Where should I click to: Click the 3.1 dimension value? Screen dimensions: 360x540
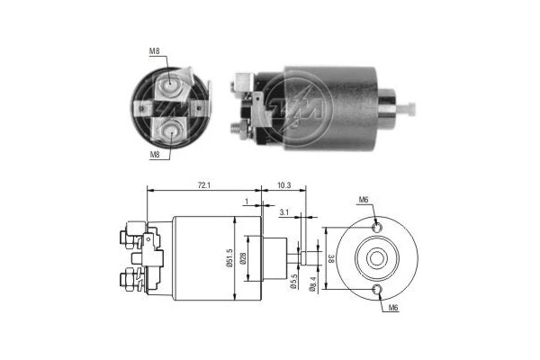pyautogui.click(x=284, y=212)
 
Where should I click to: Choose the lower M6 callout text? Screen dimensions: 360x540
pyautogui.click(x=393, y=309)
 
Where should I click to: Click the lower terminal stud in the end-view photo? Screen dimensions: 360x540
pyautogui.click(x=172, y=131)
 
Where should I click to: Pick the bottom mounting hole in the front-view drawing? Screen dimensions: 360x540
pyautogui.click(x=378, y=289)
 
